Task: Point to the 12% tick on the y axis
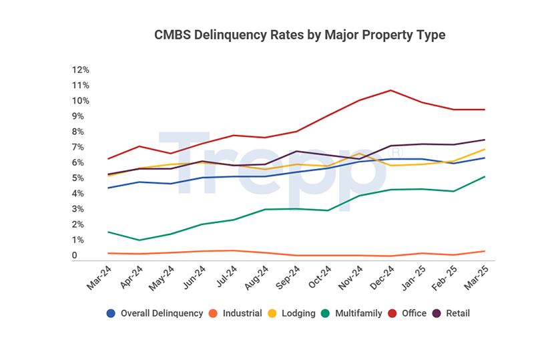click(81, 70)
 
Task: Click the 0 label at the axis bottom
click(75, 256)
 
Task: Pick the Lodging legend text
click(298, 313)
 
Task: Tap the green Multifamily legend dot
click(325, 313)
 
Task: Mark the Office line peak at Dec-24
click(390, 90)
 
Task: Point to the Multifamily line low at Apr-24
click(140, 240)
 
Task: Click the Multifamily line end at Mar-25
click(485, 176)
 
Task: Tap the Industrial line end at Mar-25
click(485, 251)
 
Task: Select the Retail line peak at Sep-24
click(296, 151)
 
